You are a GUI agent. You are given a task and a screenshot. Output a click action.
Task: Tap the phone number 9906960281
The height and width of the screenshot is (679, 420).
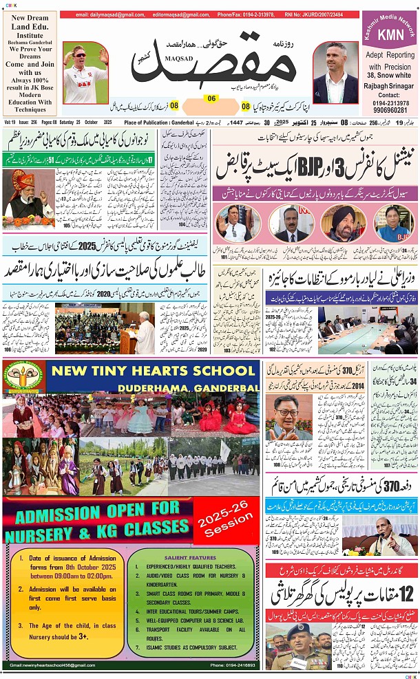click(x=390, y=109)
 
